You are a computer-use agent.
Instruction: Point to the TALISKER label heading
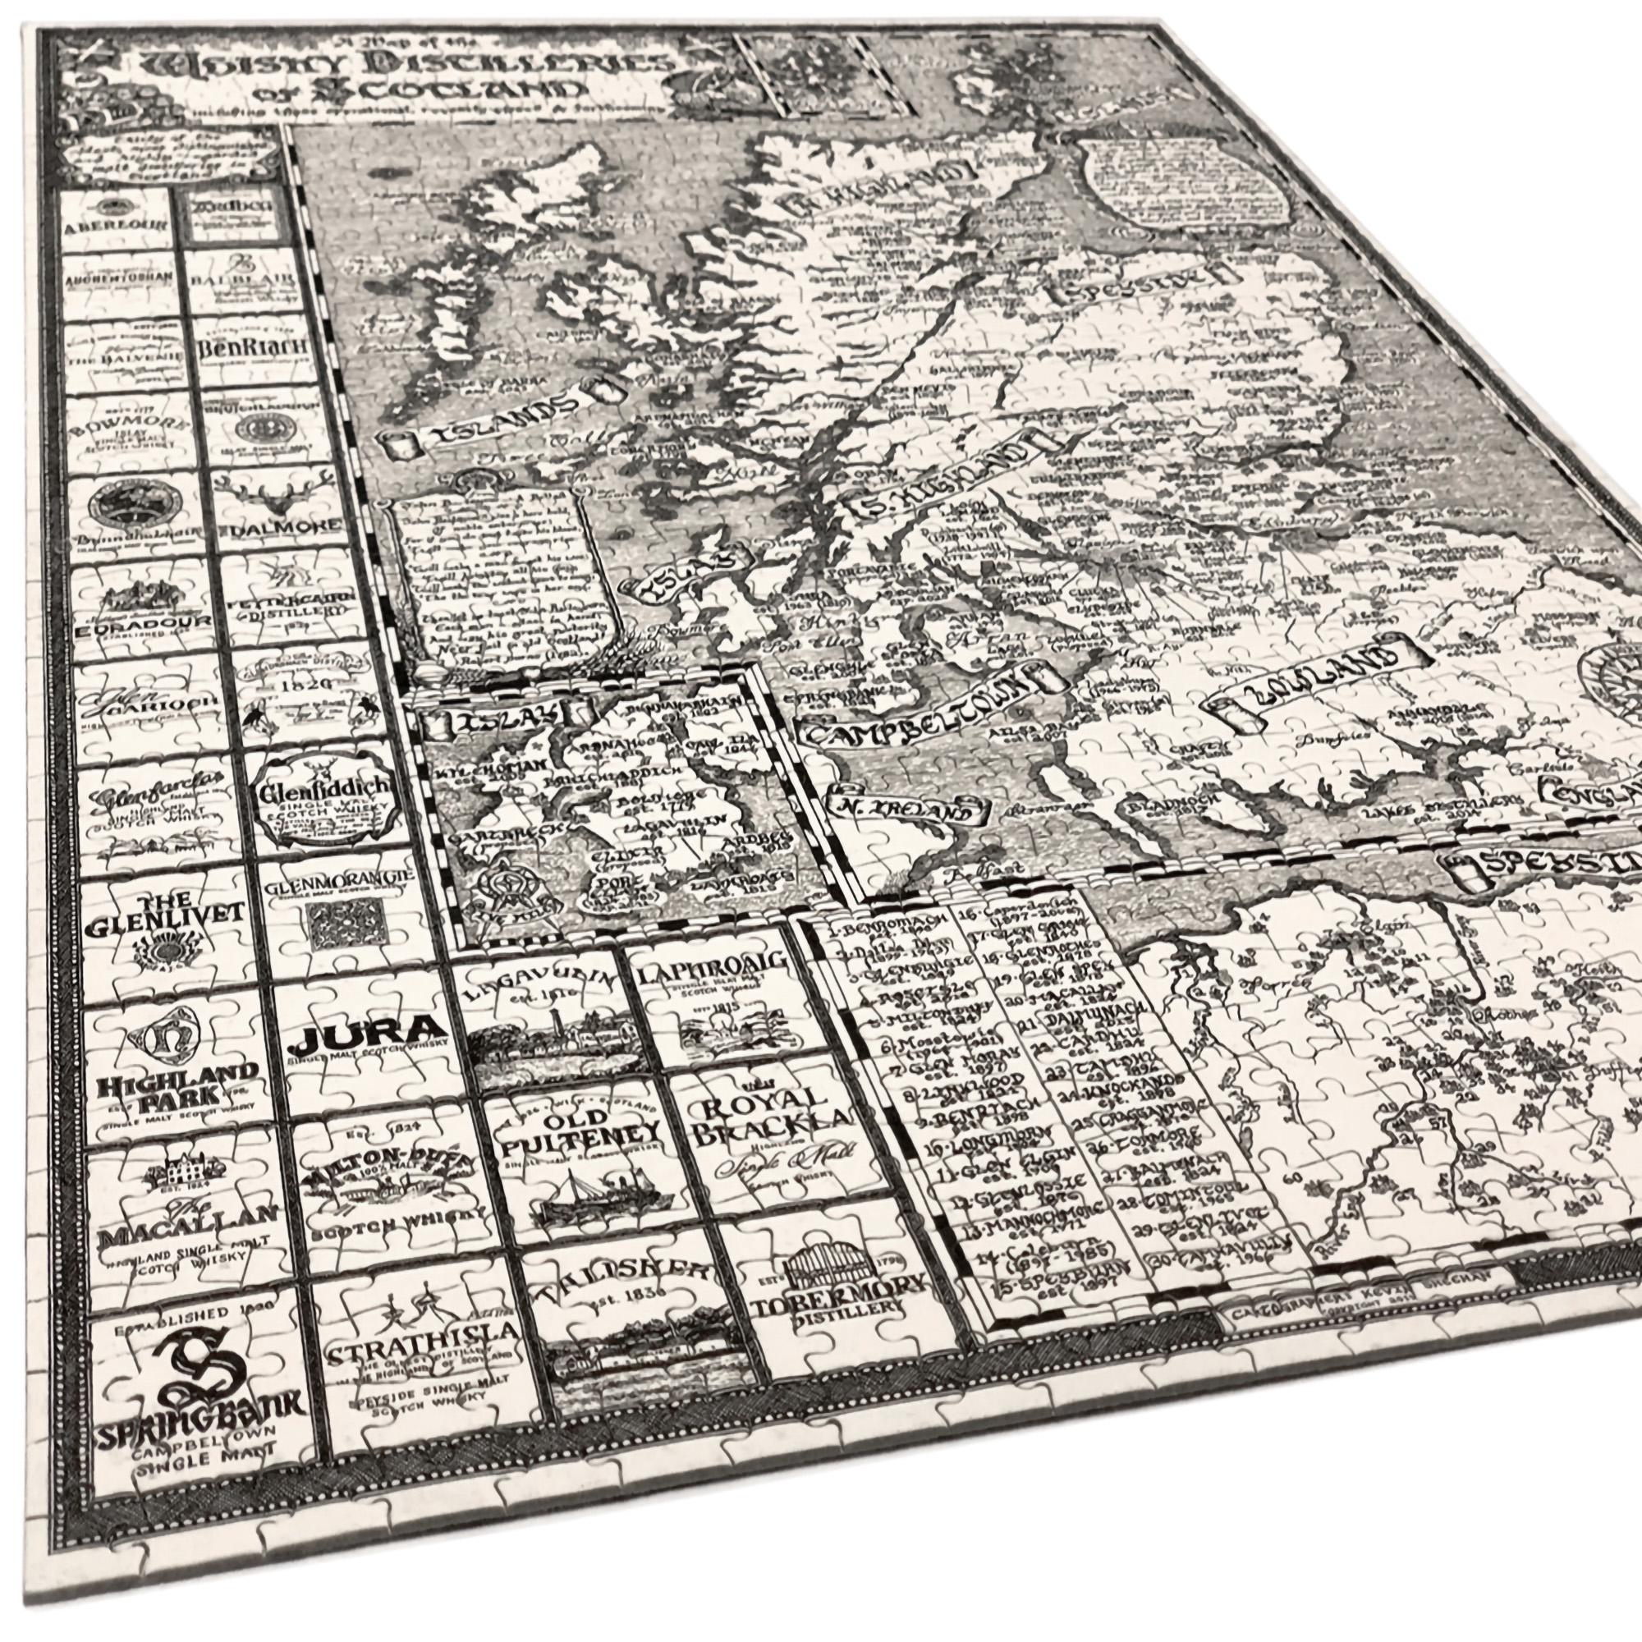pos(621,1283)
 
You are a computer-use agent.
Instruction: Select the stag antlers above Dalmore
pos(256,488)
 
